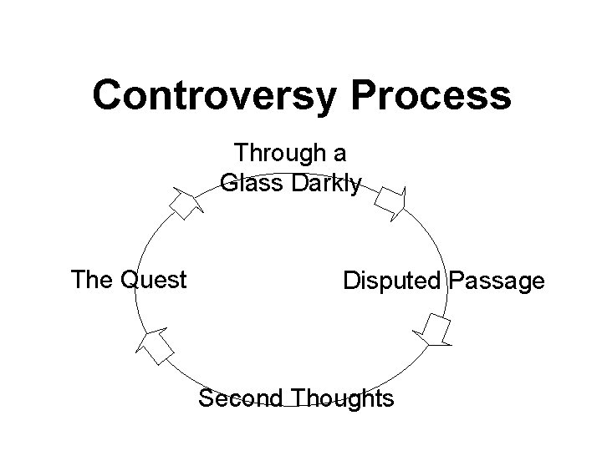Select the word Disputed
coord(392,281)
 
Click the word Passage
coord(496,281)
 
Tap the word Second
coord(239,399)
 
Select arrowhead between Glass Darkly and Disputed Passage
coord(390,201)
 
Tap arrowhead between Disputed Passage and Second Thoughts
coord(433,331)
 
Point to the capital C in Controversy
coord(107,95)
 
